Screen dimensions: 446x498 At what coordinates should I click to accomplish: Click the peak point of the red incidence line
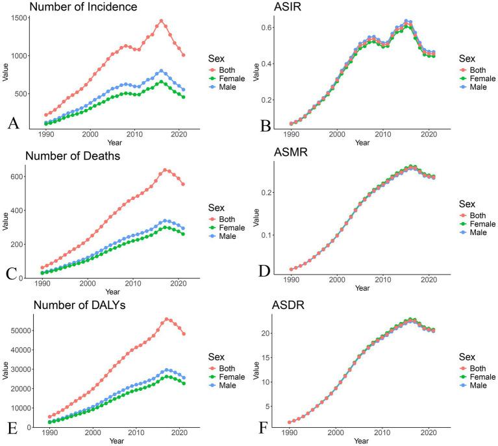161,21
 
